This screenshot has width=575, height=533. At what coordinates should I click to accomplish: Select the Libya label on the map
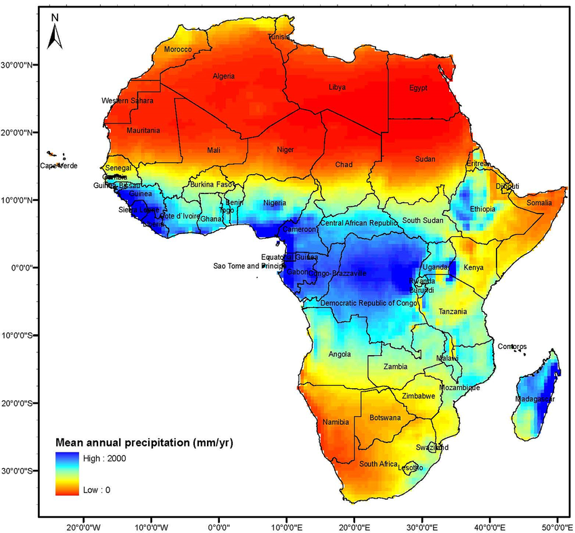pyautogui.click(x=337, y=87)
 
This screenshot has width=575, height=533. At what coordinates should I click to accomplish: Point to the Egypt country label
pyautogui.click(x=418, y=88)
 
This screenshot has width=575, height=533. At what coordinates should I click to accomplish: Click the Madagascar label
pyautogui.click(x=535, y=399)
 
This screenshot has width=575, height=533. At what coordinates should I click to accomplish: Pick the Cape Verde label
pyautogui.click(x=59, y=166)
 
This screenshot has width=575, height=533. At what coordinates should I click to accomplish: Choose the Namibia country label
pyautogui.click(x=336, y=422)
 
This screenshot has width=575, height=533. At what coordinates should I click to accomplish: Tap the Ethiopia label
pyautogui.click(x=483, y=209)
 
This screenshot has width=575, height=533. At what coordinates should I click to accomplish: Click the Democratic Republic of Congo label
pyautogui.click(x=369, y=303)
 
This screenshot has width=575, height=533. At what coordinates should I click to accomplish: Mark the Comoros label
pyautogui.click(x=512, y=346)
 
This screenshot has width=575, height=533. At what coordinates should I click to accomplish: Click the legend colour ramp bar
pyautogui.click(x=66, y=473)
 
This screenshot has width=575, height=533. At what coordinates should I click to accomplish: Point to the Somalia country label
pyautogui.click(x=539, y=203)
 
